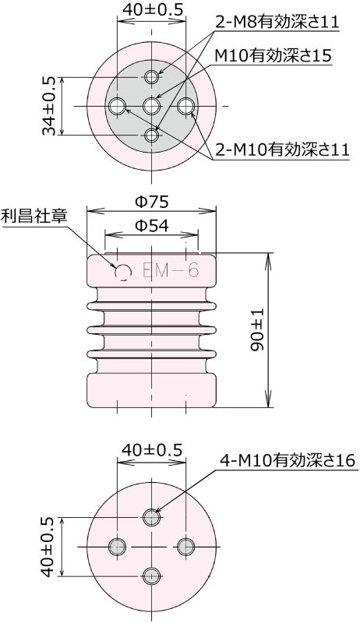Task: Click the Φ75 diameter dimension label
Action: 151,201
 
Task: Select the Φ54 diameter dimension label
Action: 151,227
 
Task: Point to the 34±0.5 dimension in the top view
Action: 48,106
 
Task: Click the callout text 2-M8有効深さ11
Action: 277,23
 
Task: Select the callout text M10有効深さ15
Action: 273,56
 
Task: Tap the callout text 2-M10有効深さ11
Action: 281,151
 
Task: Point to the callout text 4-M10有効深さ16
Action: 286,461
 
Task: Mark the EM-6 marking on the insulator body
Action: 171,270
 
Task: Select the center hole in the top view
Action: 152,105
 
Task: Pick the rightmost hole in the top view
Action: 186,105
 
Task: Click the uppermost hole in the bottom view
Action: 152,516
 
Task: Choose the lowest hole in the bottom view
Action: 152,576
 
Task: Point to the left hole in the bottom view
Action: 117,547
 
